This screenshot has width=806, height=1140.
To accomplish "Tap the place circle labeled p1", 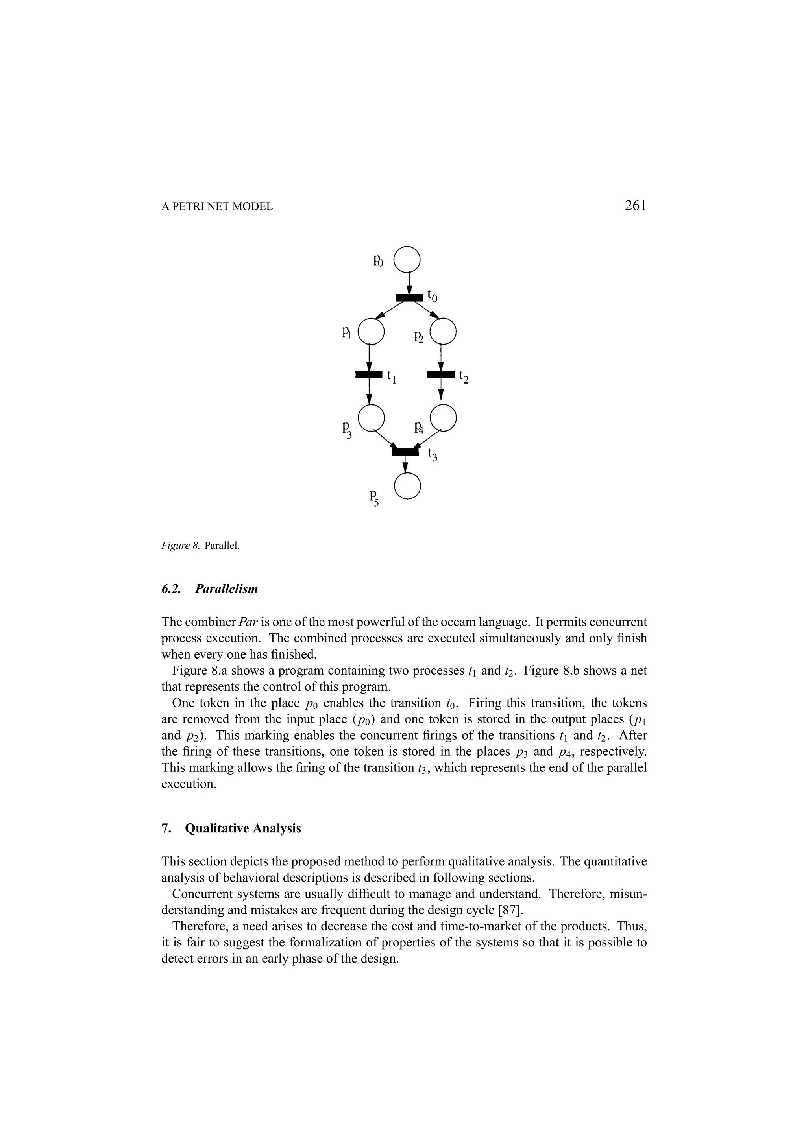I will pos(371,331).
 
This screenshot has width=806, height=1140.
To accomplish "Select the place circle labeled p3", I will pos(371,418).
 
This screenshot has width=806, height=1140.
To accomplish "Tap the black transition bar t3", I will pos(406,451).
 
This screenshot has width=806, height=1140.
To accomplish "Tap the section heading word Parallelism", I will pos(226,589).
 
